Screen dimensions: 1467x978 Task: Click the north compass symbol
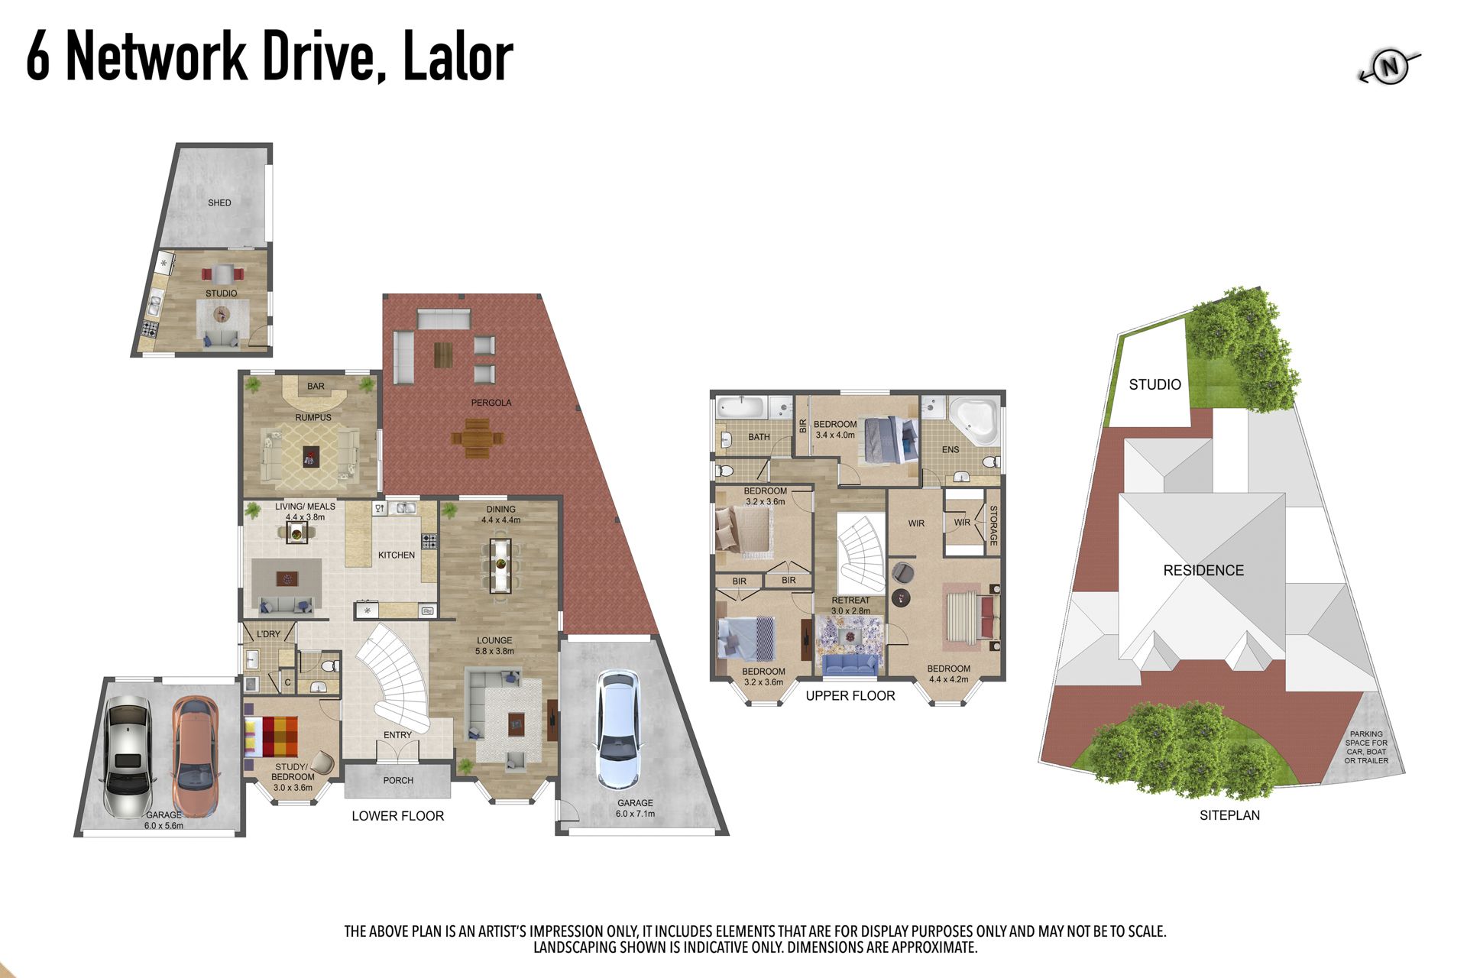coord(1390,67)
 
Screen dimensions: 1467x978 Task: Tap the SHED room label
coord(219,202)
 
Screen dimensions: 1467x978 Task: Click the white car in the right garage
coord(618,730)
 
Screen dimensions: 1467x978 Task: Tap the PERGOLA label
coord(491,403)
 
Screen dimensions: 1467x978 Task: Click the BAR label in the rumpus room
coord(316,387)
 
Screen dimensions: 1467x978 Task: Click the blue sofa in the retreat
coord(850,664)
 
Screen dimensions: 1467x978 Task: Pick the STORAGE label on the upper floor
coord(994,526)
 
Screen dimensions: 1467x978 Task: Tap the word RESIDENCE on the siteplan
coord(1203,570)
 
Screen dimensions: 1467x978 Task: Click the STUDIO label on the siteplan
coord(1154,384)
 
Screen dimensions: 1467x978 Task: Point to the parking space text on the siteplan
coord(1366,747)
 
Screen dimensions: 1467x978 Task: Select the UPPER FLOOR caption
coord(850,695)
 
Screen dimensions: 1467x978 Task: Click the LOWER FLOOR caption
coord(397,816)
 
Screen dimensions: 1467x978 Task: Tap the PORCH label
coord(398,780)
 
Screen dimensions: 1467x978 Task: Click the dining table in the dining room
coord(500,565)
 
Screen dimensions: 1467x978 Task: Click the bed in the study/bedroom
coord(270,737)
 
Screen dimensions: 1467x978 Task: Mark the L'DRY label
coord(268,634)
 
